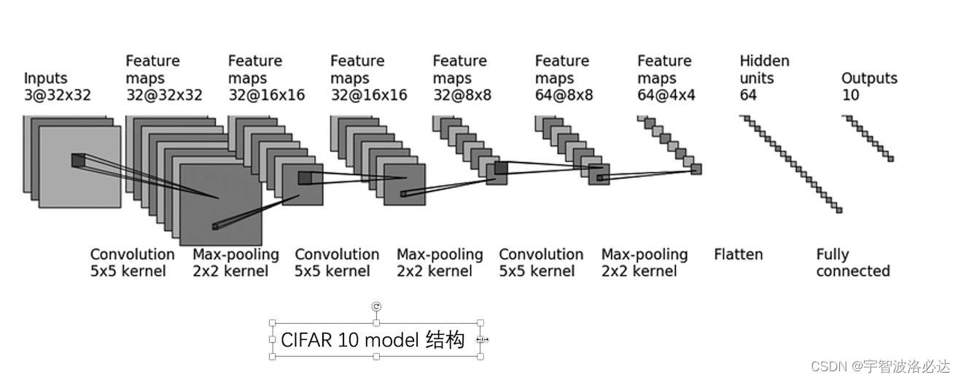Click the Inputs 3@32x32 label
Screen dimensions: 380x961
coord(57,86)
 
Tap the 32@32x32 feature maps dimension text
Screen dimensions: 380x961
coord(164,95)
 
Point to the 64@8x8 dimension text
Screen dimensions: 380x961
coord(564,95)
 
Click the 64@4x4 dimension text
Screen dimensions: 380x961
coord(666,95)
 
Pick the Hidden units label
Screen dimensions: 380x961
coord(764,69)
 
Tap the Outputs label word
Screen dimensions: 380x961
coord(869,78)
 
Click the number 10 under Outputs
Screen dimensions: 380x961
coord(850,95)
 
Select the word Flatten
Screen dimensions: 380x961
coord(738,255)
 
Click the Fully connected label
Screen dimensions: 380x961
coord(852,263)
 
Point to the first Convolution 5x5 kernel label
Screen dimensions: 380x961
coord(132,263)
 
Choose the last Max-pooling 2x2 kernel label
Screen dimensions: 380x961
coord(644,263)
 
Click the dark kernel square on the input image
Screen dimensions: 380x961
coord(77,160)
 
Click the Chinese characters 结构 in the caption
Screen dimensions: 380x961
coord(445,340)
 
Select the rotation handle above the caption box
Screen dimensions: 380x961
coord(376,306)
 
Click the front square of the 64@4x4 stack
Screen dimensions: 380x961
coord(696,168)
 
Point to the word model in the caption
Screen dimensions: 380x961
coord(391,340)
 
